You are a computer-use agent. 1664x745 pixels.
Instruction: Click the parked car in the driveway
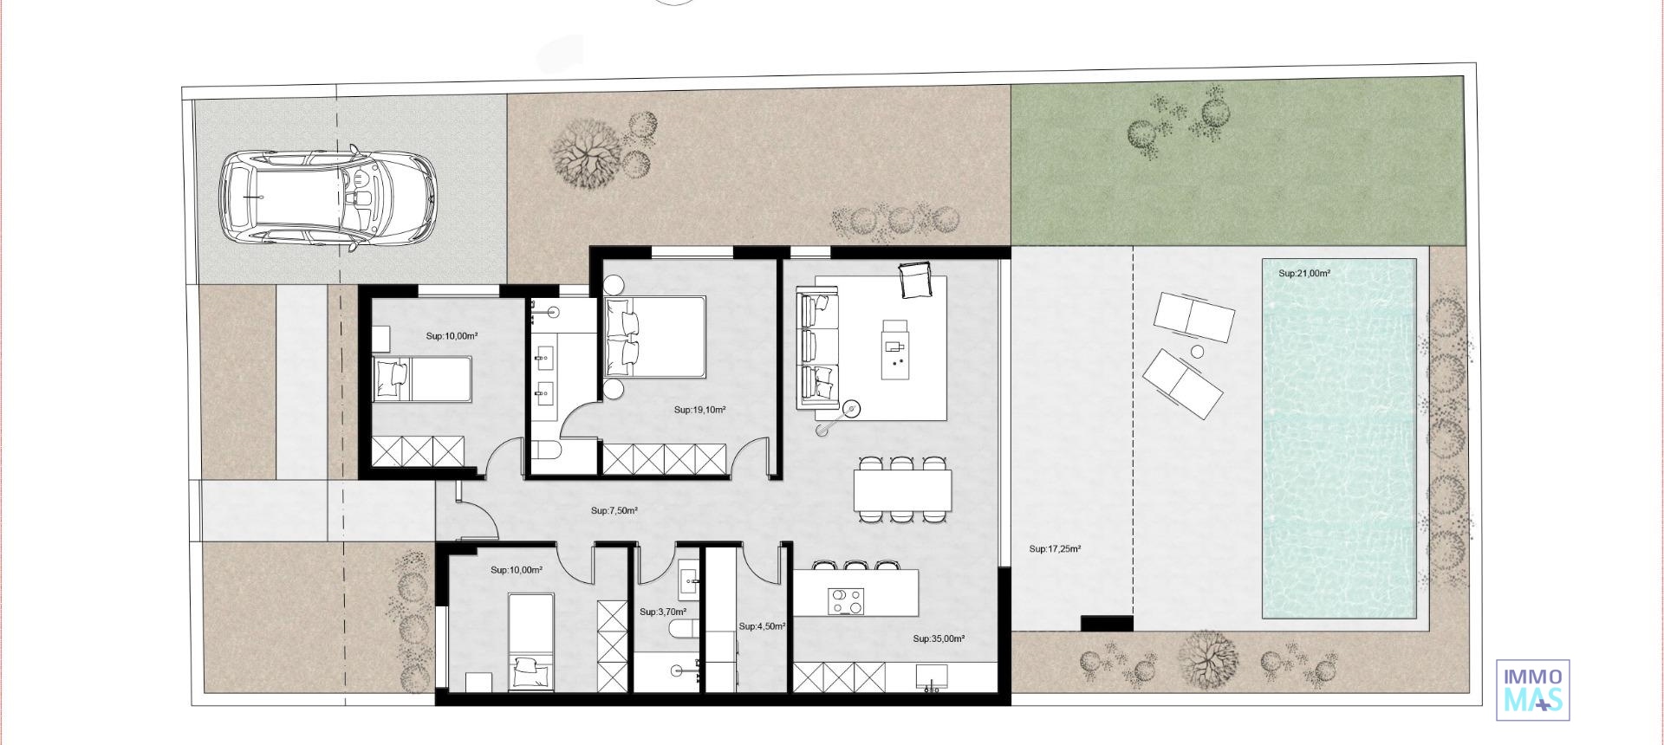[x=328, y=198]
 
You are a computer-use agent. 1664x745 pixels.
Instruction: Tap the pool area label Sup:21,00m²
[x=1303, y=274]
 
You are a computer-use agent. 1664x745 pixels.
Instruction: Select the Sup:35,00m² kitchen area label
[x=938, y=639]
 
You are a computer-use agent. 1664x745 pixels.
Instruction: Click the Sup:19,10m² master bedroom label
[x=699, y=411]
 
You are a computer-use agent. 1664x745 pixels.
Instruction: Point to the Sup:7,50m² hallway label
[x=614, y=511]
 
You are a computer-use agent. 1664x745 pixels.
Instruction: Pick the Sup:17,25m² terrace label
[x=1055, y=549]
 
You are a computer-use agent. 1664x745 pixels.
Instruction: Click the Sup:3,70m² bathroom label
[x=662, y=612]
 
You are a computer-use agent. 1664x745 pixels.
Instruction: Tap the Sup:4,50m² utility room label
[x=762, y=626]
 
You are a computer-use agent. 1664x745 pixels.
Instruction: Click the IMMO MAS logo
[x=1532, y=690]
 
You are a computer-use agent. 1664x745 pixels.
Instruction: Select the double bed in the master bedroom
[x=655, y=337]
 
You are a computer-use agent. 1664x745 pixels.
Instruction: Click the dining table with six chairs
[x=901, y=490]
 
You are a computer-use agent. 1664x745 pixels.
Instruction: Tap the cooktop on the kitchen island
[x=845, y=600]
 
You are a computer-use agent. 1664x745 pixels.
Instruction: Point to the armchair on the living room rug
[x=915, y=280]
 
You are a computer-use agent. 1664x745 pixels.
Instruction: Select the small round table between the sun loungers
[x=1197, y=352]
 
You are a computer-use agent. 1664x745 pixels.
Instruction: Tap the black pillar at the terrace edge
[x=1106, y=623]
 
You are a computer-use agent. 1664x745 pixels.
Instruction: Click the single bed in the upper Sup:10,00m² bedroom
[x=422, y=380]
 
